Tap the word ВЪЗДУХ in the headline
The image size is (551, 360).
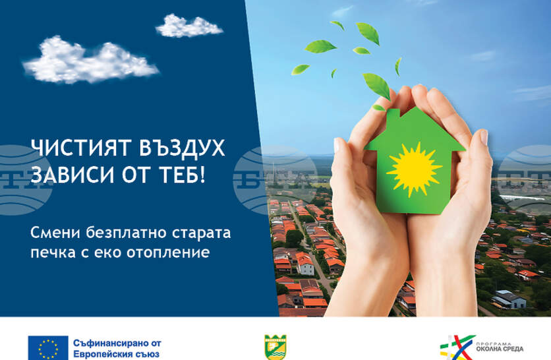coord(182,148)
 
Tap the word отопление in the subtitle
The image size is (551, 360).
coord(168,253)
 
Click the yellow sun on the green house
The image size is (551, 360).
coord(415,169)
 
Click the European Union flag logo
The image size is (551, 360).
coord(48,347)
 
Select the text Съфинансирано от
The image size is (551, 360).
coord(117,343)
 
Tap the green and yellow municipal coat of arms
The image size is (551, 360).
coord(275,347)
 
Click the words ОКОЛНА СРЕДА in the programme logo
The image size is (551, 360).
coord(500,349)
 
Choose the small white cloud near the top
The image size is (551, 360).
coord(188,26)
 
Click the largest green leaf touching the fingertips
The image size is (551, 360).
coord(377,86)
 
